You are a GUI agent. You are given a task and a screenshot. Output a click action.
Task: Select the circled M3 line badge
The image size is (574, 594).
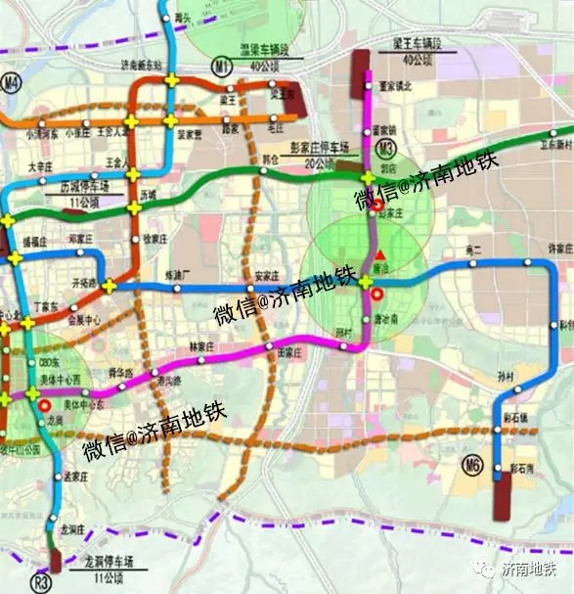click(387, 148)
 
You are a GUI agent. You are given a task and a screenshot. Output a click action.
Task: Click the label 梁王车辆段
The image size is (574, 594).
click(410, 46)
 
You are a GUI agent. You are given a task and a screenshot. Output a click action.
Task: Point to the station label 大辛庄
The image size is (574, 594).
click(39, 167)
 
